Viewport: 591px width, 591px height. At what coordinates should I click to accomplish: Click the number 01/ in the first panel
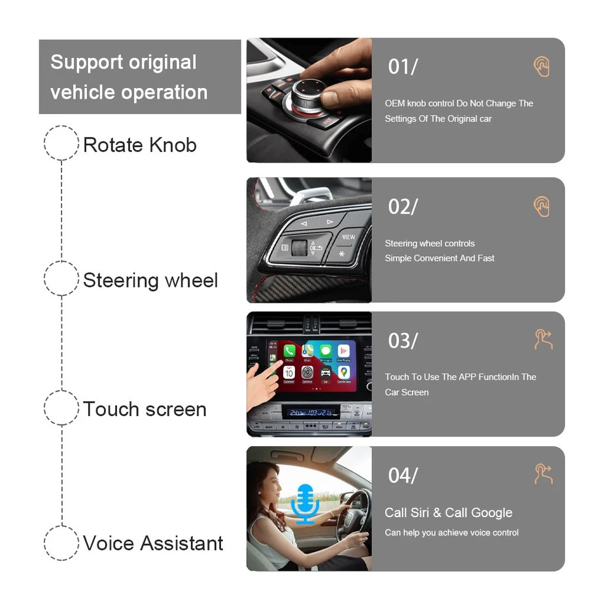(403, 66)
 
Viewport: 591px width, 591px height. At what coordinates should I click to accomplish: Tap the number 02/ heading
(403, 207)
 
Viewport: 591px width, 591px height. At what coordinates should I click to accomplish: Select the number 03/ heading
(403, 340)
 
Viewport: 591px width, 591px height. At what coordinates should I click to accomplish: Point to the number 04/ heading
(403, 475)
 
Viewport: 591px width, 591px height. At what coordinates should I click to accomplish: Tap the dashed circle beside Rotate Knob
(62, 143)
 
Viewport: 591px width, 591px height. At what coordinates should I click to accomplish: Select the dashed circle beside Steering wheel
(62, 279)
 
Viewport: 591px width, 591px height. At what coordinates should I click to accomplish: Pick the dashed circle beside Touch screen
(62, 408)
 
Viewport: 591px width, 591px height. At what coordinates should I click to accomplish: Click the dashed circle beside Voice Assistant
(62, 542)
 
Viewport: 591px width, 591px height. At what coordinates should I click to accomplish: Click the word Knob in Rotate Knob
(172, 145)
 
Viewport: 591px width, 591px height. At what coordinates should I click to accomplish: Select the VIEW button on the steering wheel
(348, 237)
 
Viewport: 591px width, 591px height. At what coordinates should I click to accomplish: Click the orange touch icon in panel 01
(541, 67)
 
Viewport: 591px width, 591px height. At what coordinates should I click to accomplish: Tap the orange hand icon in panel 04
(543, 474)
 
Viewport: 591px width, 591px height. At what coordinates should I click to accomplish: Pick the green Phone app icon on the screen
(289, 352)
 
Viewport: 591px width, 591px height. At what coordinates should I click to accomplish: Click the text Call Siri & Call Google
(448, 513)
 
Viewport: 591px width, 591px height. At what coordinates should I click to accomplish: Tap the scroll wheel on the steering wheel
(300, 247)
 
